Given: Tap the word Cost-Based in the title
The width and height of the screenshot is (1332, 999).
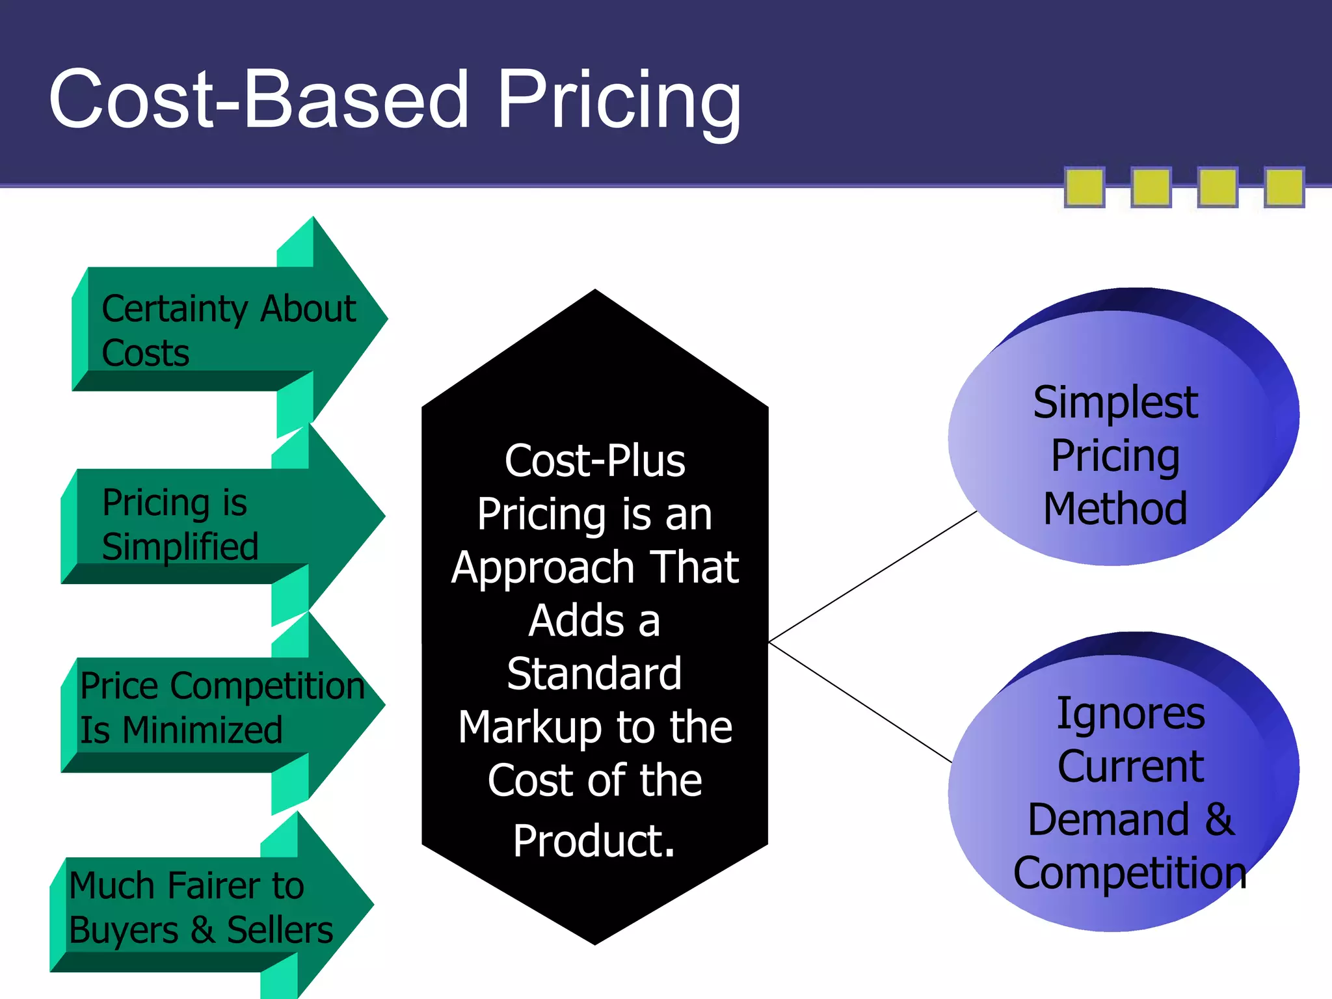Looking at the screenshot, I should [x=258, y=100].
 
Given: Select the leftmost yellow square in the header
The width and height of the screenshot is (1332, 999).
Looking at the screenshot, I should [x=1084, y=187].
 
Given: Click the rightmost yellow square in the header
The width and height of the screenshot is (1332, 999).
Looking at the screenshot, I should [x=1284, y=187].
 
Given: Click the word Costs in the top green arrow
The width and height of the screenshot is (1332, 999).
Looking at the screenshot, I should [x=146, y=353].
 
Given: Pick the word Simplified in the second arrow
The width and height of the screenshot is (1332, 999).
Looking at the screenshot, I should [x=180, y=546].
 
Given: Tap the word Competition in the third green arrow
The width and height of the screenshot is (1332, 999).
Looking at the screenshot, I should [x=268, y=686].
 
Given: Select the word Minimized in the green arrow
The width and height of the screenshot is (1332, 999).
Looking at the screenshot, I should [x=202, y=730].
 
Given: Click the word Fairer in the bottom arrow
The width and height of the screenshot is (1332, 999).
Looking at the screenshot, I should [x=213, y=886].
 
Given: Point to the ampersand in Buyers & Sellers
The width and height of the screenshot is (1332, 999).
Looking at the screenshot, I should [x=203, y=929].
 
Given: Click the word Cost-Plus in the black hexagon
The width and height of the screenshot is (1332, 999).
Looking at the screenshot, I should [x=594, y=460].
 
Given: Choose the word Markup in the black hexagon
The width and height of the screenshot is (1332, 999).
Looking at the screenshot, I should [x=529, y=727].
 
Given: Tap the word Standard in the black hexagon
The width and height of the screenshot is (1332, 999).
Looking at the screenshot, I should [x=594, y=674].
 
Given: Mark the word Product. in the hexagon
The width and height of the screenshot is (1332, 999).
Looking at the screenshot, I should [x=594, y=840].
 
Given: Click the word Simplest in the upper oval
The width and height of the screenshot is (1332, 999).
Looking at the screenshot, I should [x=1115, y=403].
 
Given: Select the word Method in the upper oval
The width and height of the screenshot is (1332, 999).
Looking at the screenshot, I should [x=1115, y=509].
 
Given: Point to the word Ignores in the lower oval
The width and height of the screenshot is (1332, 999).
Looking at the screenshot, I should [x=1130, y=713].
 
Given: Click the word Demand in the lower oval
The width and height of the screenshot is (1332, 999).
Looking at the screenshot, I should [x=1108, y=819].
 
